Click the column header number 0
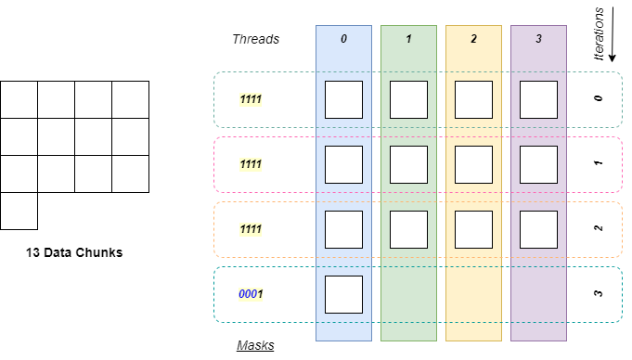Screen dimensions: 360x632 tap(343, 40)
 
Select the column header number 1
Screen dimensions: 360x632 tap(408, 40)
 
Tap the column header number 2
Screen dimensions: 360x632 tap(473, 40)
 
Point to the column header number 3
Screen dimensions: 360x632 tap(538, 40)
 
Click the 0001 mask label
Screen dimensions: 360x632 tap(251, 294)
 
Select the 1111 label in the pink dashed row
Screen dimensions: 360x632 tap(251, 164)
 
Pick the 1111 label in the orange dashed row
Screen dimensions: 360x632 tap(251, 229)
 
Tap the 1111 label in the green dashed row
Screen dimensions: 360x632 tap(251, 99)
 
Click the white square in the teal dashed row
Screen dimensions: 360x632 tap(343, 294)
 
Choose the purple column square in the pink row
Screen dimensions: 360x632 tap(538, 164)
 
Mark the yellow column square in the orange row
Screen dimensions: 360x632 tap(473, 229)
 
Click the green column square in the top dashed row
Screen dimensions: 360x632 tap(408, 99)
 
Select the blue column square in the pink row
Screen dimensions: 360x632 tap(343, 164)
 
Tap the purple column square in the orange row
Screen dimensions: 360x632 tap(538, 229)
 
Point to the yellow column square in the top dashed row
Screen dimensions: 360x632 tap(473, 99)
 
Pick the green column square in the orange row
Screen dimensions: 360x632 tap(408, 229)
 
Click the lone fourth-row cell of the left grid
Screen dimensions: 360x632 tap(19, 211)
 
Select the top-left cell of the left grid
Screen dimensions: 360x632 tap(19, 99)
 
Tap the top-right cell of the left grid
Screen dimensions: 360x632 tap(130, 99)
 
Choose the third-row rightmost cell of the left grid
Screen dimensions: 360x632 tap(130, 174)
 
